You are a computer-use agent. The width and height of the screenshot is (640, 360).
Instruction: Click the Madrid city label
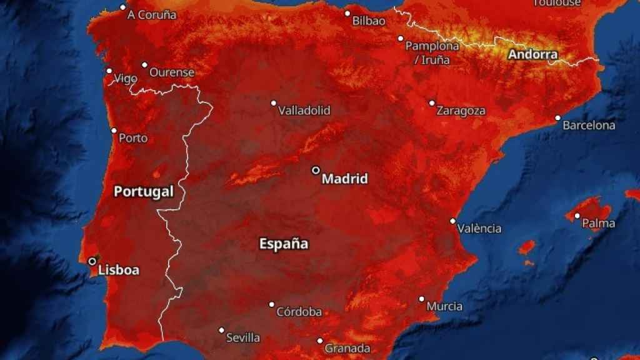344,179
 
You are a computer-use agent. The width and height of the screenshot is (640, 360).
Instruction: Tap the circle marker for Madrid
316,170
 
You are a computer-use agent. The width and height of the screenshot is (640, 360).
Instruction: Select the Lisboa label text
119,271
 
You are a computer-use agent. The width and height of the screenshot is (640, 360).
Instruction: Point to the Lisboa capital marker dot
92,261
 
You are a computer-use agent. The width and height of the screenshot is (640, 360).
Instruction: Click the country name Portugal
143,192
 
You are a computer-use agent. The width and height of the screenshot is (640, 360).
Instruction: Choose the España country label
284,244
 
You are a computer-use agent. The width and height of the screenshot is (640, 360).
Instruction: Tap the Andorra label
532,54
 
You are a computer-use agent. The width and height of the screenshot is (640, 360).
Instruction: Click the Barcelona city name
589,126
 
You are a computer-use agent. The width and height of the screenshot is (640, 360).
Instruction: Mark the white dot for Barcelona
558,117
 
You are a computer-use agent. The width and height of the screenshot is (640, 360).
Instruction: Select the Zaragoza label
461,111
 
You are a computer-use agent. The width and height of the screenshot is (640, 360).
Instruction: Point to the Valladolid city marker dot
273,103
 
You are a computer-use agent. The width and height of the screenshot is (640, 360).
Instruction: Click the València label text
479,229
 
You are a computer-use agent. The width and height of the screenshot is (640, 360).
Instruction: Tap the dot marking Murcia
422,299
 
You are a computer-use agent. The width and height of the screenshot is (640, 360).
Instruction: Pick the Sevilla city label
243,338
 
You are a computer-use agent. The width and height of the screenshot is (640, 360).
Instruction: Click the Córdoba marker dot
272,304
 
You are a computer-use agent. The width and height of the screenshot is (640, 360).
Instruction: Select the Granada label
347,349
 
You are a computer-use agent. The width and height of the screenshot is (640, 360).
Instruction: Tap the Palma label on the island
598,224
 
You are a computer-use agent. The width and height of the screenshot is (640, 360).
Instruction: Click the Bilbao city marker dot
347,13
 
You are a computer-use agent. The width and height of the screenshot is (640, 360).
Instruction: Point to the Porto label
133,138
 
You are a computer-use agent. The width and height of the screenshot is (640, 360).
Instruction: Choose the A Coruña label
152,15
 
